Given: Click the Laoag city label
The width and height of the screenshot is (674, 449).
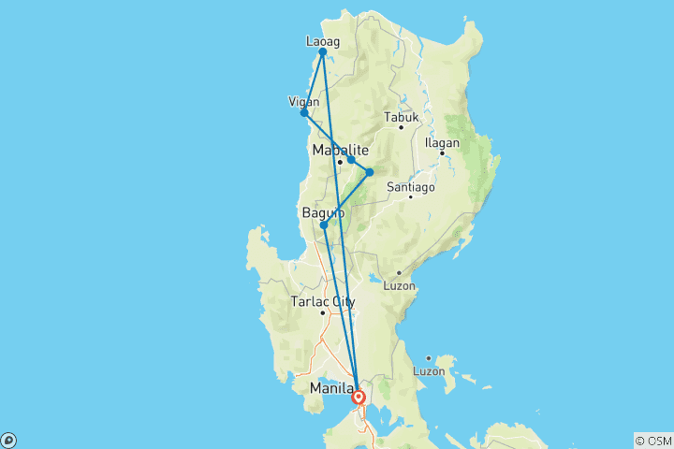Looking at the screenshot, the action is pyautogui.click(x=322, y=41).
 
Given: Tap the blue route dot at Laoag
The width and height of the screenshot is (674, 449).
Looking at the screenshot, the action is pyautogui.click(x=322, y=52).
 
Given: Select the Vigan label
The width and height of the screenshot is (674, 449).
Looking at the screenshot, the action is pyautogui.click(x=304, y=101).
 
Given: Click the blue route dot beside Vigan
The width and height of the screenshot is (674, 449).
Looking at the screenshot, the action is pyautogui.click(x=304, y=113).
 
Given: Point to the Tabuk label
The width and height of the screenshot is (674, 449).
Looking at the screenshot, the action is pyautogui.click(x=400, y=118).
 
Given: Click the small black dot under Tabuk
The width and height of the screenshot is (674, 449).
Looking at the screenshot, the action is pyautogui.click(x=401, y=127).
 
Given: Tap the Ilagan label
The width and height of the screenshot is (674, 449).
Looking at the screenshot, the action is pyautogui.click(x=442, y=142).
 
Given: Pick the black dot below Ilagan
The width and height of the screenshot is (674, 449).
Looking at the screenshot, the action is pyautogui.click(x=442, y=152).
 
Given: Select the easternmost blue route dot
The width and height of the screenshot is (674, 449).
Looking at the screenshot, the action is pyautogui.click(x=370, y=172).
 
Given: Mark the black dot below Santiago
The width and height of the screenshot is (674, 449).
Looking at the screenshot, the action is pyautogui.click(x=410, y=197).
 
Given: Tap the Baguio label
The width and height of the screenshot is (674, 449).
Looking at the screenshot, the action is pyautogui.click(x=323, y=213).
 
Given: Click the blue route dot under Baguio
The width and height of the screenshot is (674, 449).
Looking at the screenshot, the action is pyautogui.click(x=324, y=225).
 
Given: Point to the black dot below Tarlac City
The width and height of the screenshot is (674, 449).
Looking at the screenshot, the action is pyautogui.click(x=323, y=312).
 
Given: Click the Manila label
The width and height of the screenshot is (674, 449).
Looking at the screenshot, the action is pyautogui.click(x=332, y=387).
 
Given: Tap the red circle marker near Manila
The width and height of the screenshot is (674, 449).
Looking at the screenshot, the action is pyautogui.click(x=359, y=398).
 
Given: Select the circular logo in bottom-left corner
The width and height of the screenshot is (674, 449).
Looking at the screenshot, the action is pyautogui.click(x=8, y=440).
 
